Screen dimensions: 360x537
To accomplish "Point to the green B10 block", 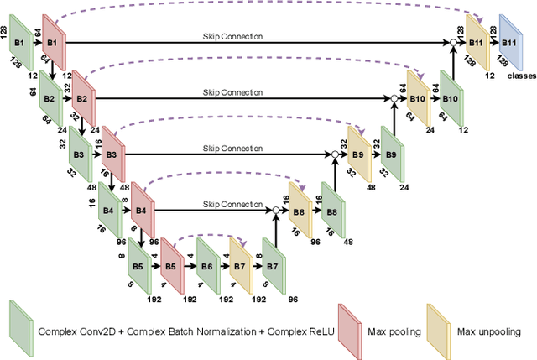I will (x=451, y=98).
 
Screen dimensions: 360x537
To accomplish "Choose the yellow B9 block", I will (x=357, y=154).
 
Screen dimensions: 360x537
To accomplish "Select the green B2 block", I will (x=50, y=98).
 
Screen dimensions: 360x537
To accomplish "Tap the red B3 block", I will (x=111, y=154).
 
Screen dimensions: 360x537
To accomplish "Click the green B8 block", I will (x=332, y=211).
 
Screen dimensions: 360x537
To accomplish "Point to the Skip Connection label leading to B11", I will (x=232, y=36).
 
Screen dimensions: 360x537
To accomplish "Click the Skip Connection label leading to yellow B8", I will (x=232, y=204).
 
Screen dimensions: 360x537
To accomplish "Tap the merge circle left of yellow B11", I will (x=453, y=41).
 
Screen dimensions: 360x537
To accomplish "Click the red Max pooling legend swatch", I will (x=348, y=330).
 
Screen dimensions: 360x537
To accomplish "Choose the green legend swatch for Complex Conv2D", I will (x=19, y=330).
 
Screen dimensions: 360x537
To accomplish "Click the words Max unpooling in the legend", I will (x=488, y=331).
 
